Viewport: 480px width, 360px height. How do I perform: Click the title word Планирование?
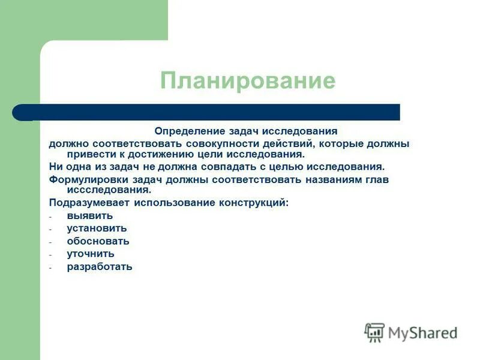(x=247, y=81)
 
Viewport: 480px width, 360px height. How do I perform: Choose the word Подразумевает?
(x=89, y=203)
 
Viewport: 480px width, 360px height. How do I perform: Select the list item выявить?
(x=89, y=215)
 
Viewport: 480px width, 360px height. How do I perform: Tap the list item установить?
(x=97, y=228)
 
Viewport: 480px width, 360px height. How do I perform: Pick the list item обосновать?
(x=98, y=241)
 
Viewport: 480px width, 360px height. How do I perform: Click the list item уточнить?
(x=91, y=254)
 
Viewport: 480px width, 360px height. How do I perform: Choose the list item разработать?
(x=100, y=267)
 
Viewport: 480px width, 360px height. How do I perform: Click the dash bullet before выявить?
(x=51, y=216)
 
